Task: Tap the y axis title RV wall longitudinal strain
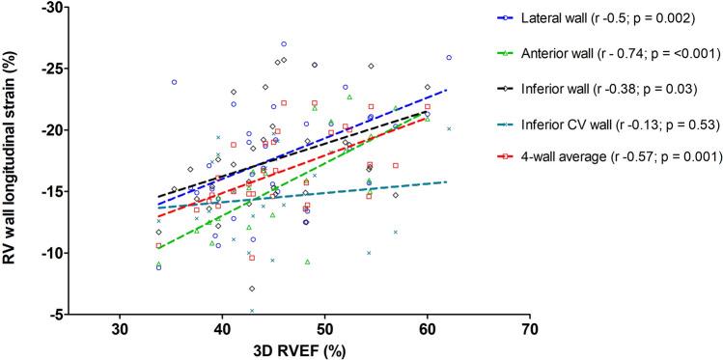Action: pos(14,159)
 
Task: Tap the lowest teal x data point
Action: pos(252,311)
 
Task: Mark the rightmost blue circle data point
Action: pos(450,58)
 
